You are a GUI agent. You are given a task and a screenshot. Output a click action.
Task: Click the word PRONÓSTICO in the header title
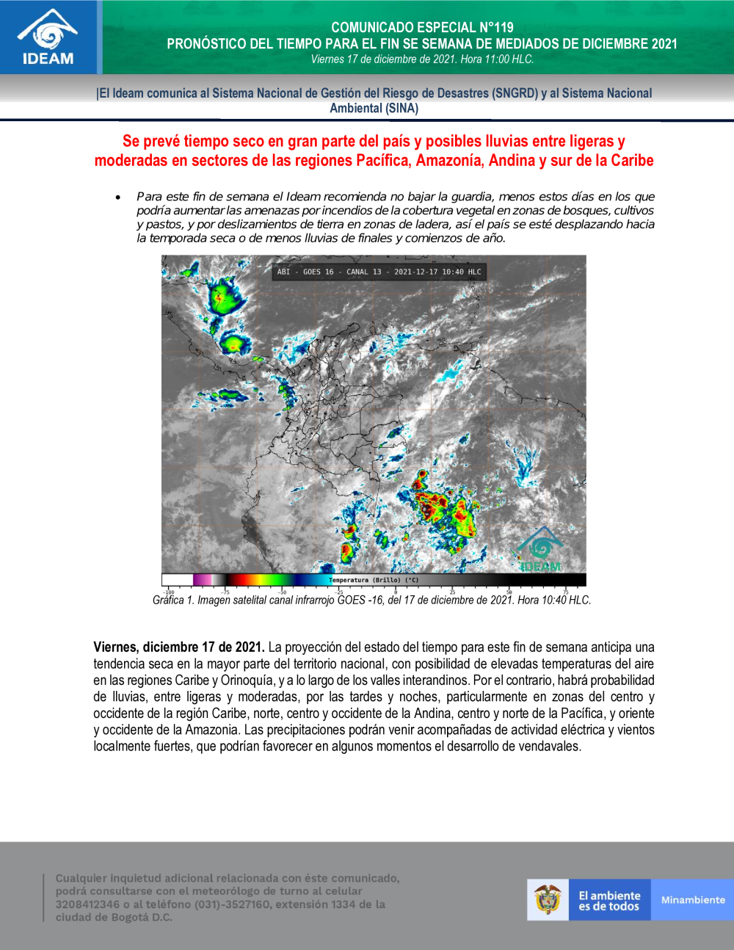coord(206,44)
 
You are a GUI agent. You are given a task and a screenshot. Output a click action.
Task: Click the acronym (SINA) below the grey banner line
coord(401,108)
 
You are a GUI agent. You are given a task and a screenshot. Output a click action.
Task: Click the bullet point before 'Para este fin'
coord(117,197)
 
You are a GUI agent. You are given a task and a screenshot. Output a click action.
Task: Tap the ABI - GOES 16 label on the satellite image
coord(305,272)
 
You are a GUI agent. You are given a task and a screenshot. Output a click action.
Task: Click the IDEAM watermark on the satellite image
coord(540,550)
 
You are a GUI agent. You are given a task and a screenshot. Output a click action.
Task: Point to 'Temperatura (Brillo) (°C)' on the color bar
coord(374,580)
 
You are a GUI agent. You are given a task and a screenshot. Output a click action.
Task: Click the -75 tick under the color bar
coord(225,592)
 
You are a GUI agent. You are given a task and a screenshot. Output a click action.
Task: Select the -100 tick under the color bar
coord(168,592)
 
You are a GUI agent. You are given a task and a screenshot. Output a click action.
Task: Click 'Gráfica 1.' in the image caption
coord(173,601)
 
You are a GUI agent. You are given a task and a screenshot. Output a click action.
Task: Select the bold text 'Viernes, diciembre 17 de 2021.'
coord(178,648)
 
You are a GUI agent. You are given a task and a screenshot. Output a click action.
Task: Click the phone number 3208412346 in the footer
coord(87,904)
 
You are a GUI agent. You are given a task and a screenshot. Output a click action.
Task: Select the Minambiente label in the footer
coord(692,900)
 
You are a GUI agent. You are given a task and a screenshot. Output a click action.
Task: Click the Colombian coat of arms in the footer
coord(548,899)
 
